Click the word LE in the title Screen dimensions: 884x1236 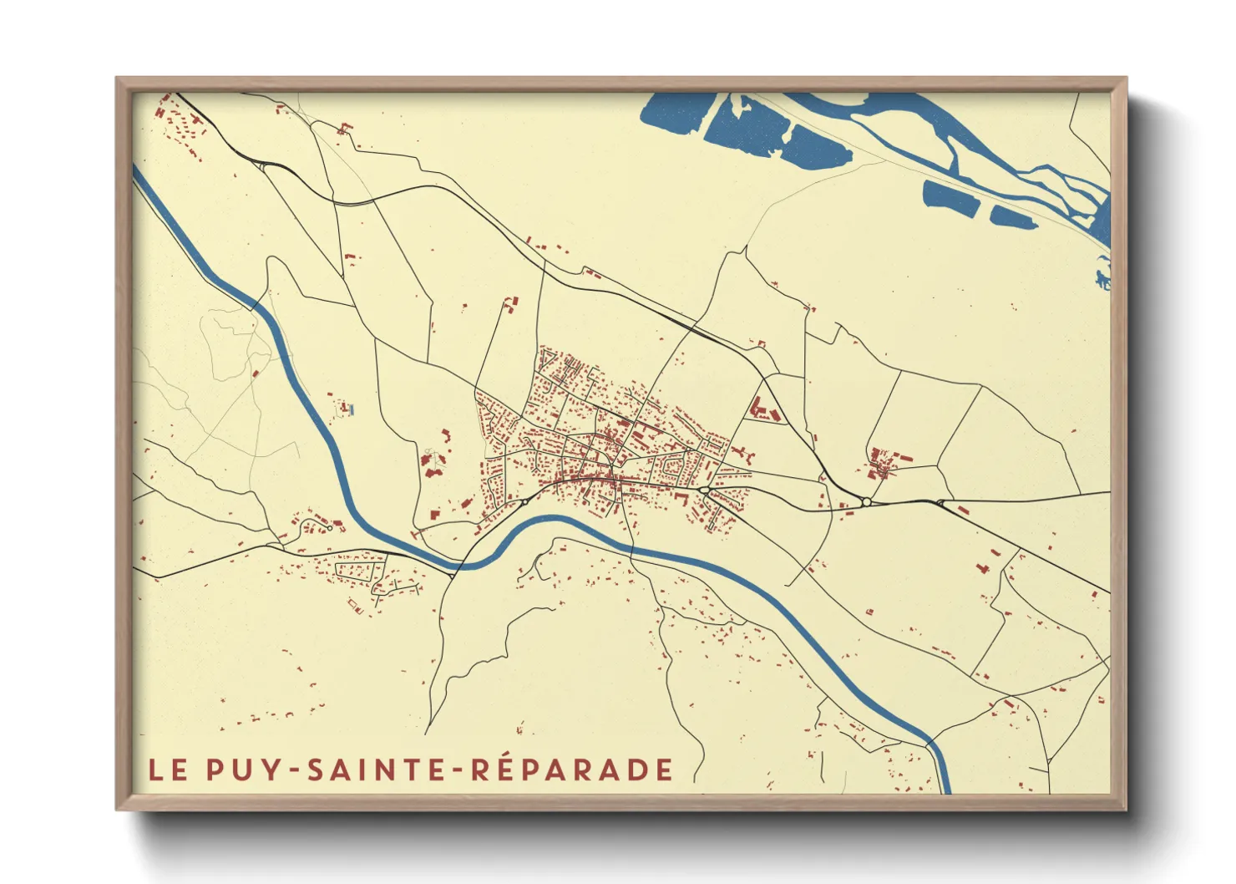click(168, 770)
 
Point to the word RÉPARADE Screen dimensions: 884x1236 click(572, 770)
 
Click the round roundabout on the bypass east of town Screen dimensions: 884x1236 click(867, 502)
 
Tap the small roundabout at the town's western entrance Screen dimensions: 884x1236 click(525, 502)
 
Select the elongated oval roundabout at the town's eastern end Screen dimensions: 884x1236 click(705, 490)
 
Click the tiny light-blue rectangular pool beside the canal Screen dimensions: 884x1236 click(352, 409)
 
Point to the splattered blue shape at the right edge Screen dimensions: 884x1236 click(1103, 277)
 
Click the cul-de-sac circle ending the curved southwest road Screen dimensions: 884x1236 click(330, 528)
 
